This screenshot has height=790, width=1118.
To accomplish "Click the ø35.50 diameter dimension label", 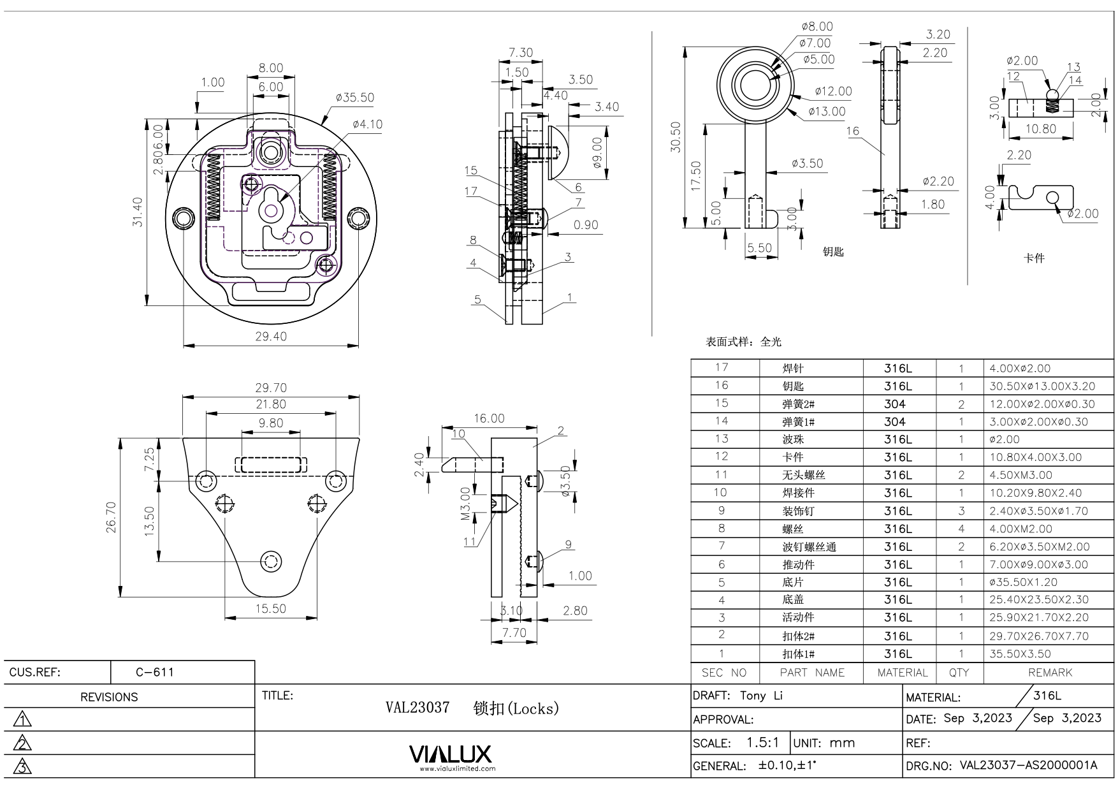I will [x=355, y=98].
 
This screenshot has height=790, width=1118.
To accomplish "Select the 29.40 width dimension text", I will [x=271, y=336].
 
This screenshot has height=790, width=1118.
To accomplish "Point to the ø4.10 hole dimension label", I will [x=367, y=124].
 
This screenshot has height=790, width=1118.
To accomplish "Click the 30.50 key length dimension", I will [x=676, y=137].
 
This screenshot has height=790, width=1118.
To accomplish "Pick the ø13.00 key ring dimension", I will [x=827, y=112].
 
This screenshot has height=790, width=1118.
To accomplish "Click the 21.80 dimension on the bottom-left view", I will [x=271, y=404].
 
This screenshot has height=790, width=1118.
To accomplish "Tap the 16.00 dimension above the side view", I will [x=489, y=418].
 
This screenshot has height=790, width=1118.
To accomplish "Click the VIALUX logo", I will [x=451, y=755].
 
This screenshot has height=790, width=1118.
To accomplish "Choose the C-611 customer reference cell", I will [x=155, y=672].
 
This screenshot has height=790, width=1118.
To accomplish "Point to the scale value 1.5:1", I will [x=763, y=743].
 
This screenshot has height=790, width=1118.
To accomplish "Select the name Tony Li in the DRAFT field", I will [x=761, y=696].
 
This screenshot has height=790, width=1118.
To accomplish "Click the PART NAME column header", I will [x=811, y=673].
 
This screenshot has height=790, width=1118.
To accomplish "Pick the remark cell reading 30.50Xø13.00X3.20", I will [x=1042, y=386].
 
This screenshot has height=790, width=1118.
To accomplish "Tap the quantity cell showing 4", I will [x=961, y=529].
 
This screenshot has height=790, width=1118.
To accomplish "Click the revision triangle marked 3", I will [x=22, y=766].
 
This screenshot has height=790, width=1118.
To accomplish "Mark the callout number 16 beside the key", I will [x=853, y=131].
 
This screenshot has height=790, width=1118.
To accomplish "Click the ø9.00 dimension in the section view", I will [x=597, y=152].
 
